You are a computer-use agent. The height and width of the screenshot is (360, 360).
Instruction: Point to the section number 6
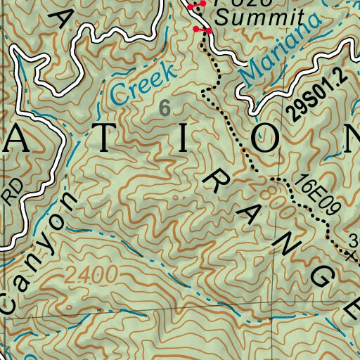(x=165, y=108)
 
